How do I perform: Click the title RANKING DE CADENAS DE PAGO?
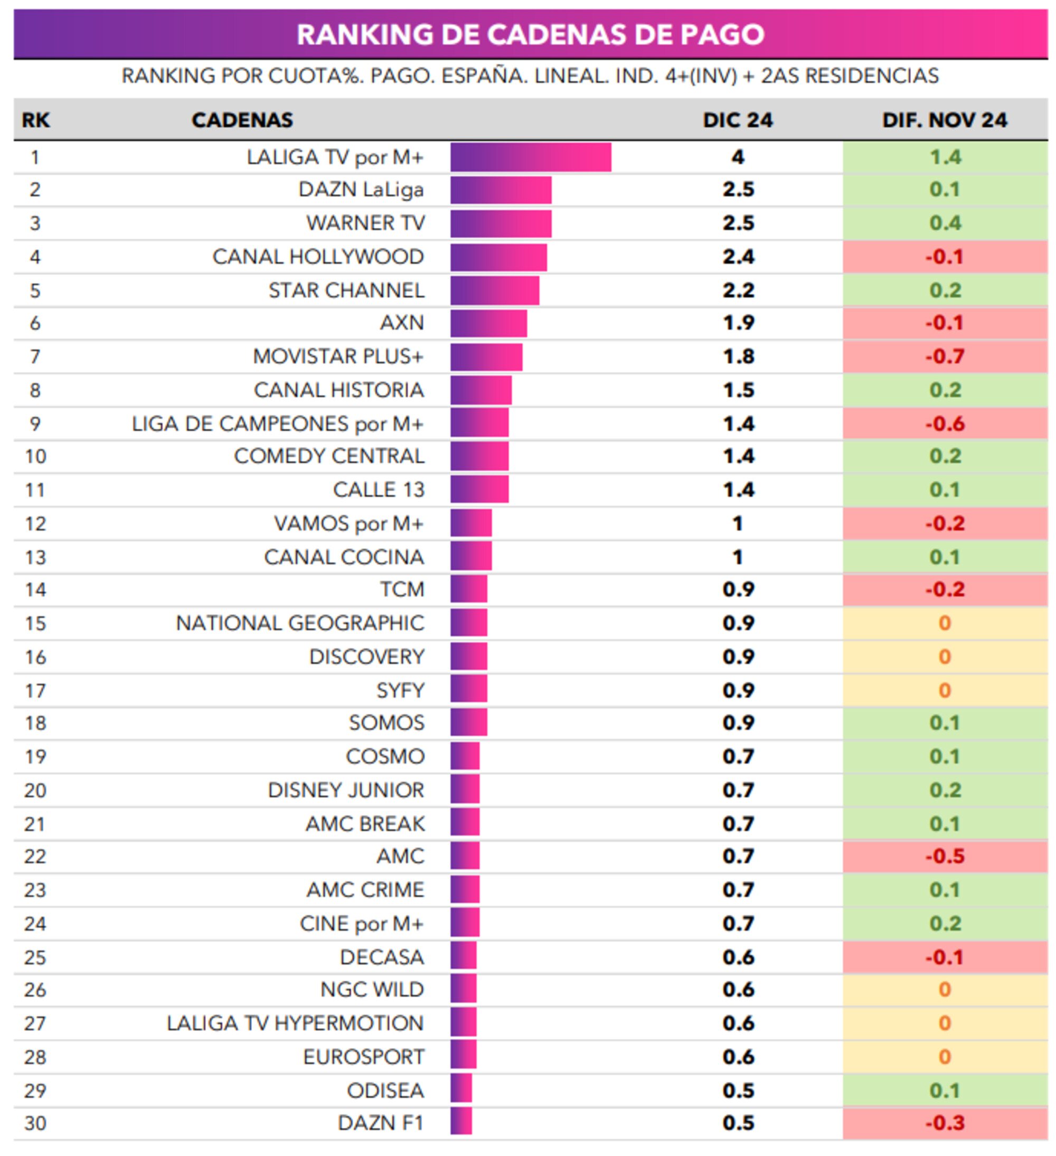click(x=530, y=34)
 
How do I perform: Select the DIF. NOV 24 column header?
click(x=944, y=120)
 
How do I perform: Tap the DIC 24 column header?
click(x=737, y=120)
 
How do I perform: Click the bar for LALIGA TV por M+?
click(x=530, y=157)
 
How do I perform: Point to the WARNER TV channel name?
click(x=365, y=223)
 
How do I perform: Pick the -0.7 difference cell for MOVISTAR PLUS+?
click(x=944, y=356)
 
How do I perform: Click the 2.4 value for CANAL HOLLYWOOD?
click(x=737, y=257)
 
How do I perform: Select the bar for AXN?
click(x=488, y=323)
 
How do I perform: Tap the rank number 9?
click(x=35, y=424)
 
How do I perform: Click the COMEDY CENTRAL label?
click(x=328, y=456)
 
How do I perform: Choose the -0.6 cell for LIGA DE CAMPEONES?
click(x=944, y=424)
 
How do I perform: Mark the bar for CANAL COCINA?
click(x=470, y=557)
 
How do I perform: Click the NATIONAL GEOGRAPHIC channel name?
click(x=299, y=623)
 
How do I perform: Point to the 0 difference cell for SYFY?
click(x=944, y=690)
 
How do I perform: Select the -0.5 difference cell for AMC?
click(x=944, y=856)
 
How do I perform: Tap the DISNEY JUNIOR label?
click(x=345, y=790)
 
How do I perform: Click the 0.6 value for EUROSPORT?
click(x=737, y=1057)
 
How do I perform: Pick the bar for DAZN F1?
click(x=460, y=1123)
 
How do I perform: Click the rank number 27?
click(x=35, y=1023)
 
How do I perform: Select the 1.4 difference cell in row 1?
click(x=944, y=157)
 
